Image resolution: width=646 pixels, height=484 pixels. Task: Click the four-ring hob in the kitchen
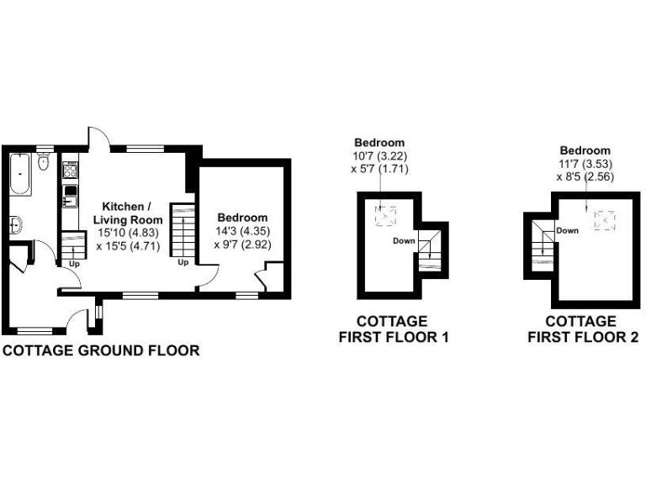coord(70,172)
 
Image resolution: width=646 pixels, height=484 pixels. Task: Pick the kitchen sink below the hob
coord(70,201)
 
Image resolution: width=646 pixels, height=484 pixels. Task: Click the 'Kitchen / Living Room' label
coord(127,213)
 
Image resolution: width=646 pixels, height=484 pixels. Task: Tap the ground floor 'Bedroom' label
coord(242,218)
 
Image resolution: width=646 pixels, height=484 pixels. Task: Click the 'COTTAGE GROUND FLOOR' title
coord(101,350)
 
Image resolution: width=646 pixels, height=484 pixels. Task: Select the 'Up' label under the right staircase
coord(182,261)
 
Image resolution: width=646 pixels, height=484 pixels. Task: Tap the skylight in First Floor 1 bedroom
coord(385,217)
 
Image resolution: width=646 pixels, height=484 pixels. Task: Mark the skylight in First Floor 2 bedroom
coord(605,220)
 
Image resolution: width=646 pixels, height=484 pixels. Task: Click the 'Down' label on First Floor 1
coord(404,241)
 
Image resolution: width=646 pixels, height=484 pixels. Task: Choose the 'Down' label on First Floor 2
coord(566,230)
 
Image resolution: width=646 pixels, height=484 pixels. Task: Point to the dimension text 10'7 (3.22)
coord(379,156)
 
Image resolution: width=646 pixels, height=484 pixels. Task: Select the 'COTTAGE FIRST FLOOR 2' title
coord(582,329)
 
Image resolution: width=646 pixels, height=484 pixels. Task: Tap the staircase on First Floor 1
coord(430,250)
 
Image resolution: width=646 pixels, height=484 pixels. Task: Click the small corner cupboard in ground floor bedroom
coord(273,277)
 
